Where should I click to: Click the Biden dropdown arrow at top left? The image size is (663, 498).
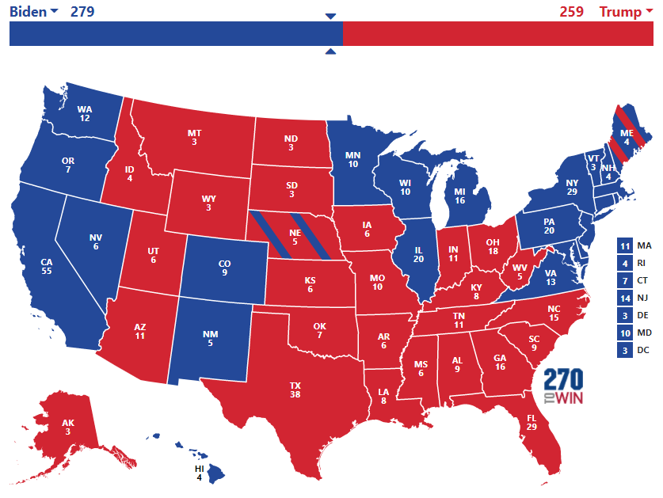[54, 11]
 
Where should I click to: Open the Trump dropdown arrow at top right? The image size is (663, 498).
[649, 11]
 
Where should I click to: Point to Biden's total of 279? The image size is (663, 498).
[82, 11]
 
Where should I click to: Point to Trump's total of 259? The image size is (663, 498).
[571, 11]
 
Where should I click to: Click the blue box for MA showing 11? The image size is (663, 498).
[624, 246]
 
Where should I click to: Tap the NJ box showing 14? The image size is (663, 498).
[624, 298]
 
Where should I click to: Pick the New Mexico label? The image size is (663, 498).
[210, 339]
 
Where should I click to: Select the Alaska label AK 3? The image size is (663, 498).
[69, 427]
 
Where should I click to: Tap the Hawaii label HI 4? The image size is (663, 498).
[200, 473]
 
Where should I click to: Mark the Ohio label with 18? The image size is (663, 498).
[492, 247]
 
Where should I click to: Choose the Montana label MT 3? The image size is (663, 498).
[193, 138]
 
